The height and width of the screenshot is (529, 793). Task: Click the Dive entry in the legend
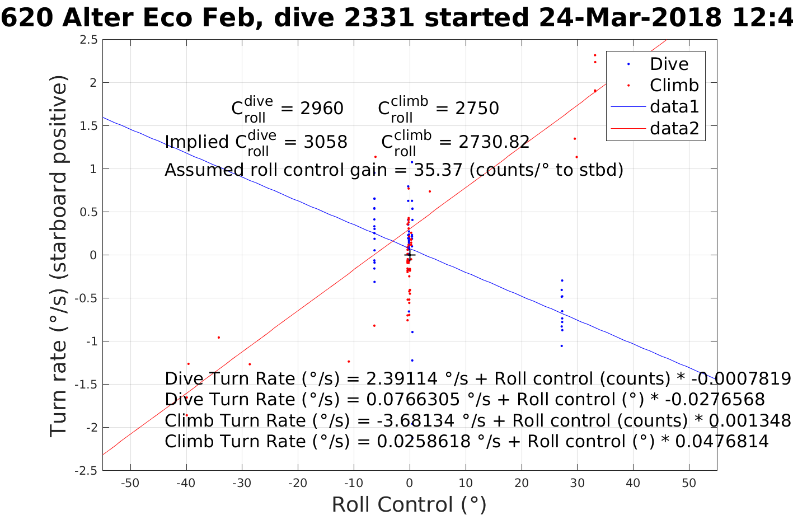point(669,64)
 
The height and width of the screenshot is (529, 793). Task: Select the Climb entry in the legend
point(674,85)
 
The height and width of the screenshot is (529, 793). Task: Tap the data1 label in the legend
point(674,106)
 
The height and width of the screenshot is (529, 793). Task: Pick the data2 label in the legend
point(674,128)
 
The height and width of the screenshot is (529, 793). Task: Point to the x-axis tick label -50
point(130,483)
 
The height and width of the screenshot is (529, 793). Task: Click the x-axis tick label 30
point(577,483)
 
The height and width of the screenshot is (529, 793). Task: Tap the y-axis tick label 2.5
point(88,40)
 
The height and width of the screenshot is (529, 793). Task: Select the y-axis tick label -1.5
point(86,385)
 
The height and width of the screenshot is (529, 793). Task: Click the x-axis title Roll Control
point(409,505)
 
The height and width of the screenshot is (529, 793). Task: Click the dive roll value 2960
point(322,108)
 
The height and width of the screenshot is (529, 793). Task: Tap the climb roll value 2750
point(477,108)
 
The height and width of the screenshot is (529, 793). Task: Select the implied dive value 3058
point(325,142)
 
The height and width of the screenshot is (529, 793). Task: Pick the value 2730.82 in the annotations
point(494,142)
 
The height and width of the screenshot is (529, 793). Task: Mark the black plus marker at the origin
point(409,255)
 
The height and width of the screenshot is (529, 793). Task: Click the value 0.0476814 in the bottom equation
point(722,441)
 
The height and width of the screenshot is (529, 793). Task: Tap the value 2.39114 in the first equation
point(402,379)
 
